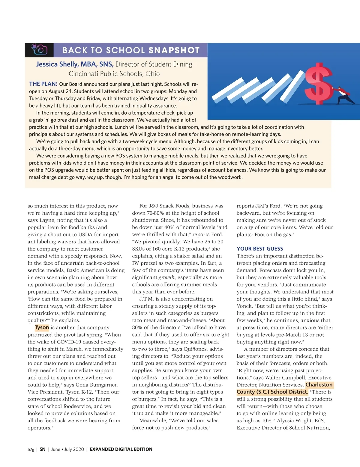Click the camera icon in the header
(x=39, y=50)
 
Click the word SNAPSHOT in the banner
(x=174, y=50)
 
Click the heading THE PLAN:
(x=43, y=84)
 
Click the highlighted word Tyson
(x=42, y=328)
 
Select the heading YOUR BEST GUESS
(x=260, y=249)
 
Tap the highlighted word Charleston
(x=319, y=385)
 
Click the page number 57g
(x=31, y=449)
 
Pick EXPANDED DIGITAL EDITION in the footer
(x=121, y=449)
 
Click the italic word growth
(x=166, y=278)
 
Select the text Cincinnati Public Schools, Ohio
(x=114, y=74)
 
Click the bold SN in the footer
(x=43, y=449)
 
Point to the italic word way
(x=91, y=177)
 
